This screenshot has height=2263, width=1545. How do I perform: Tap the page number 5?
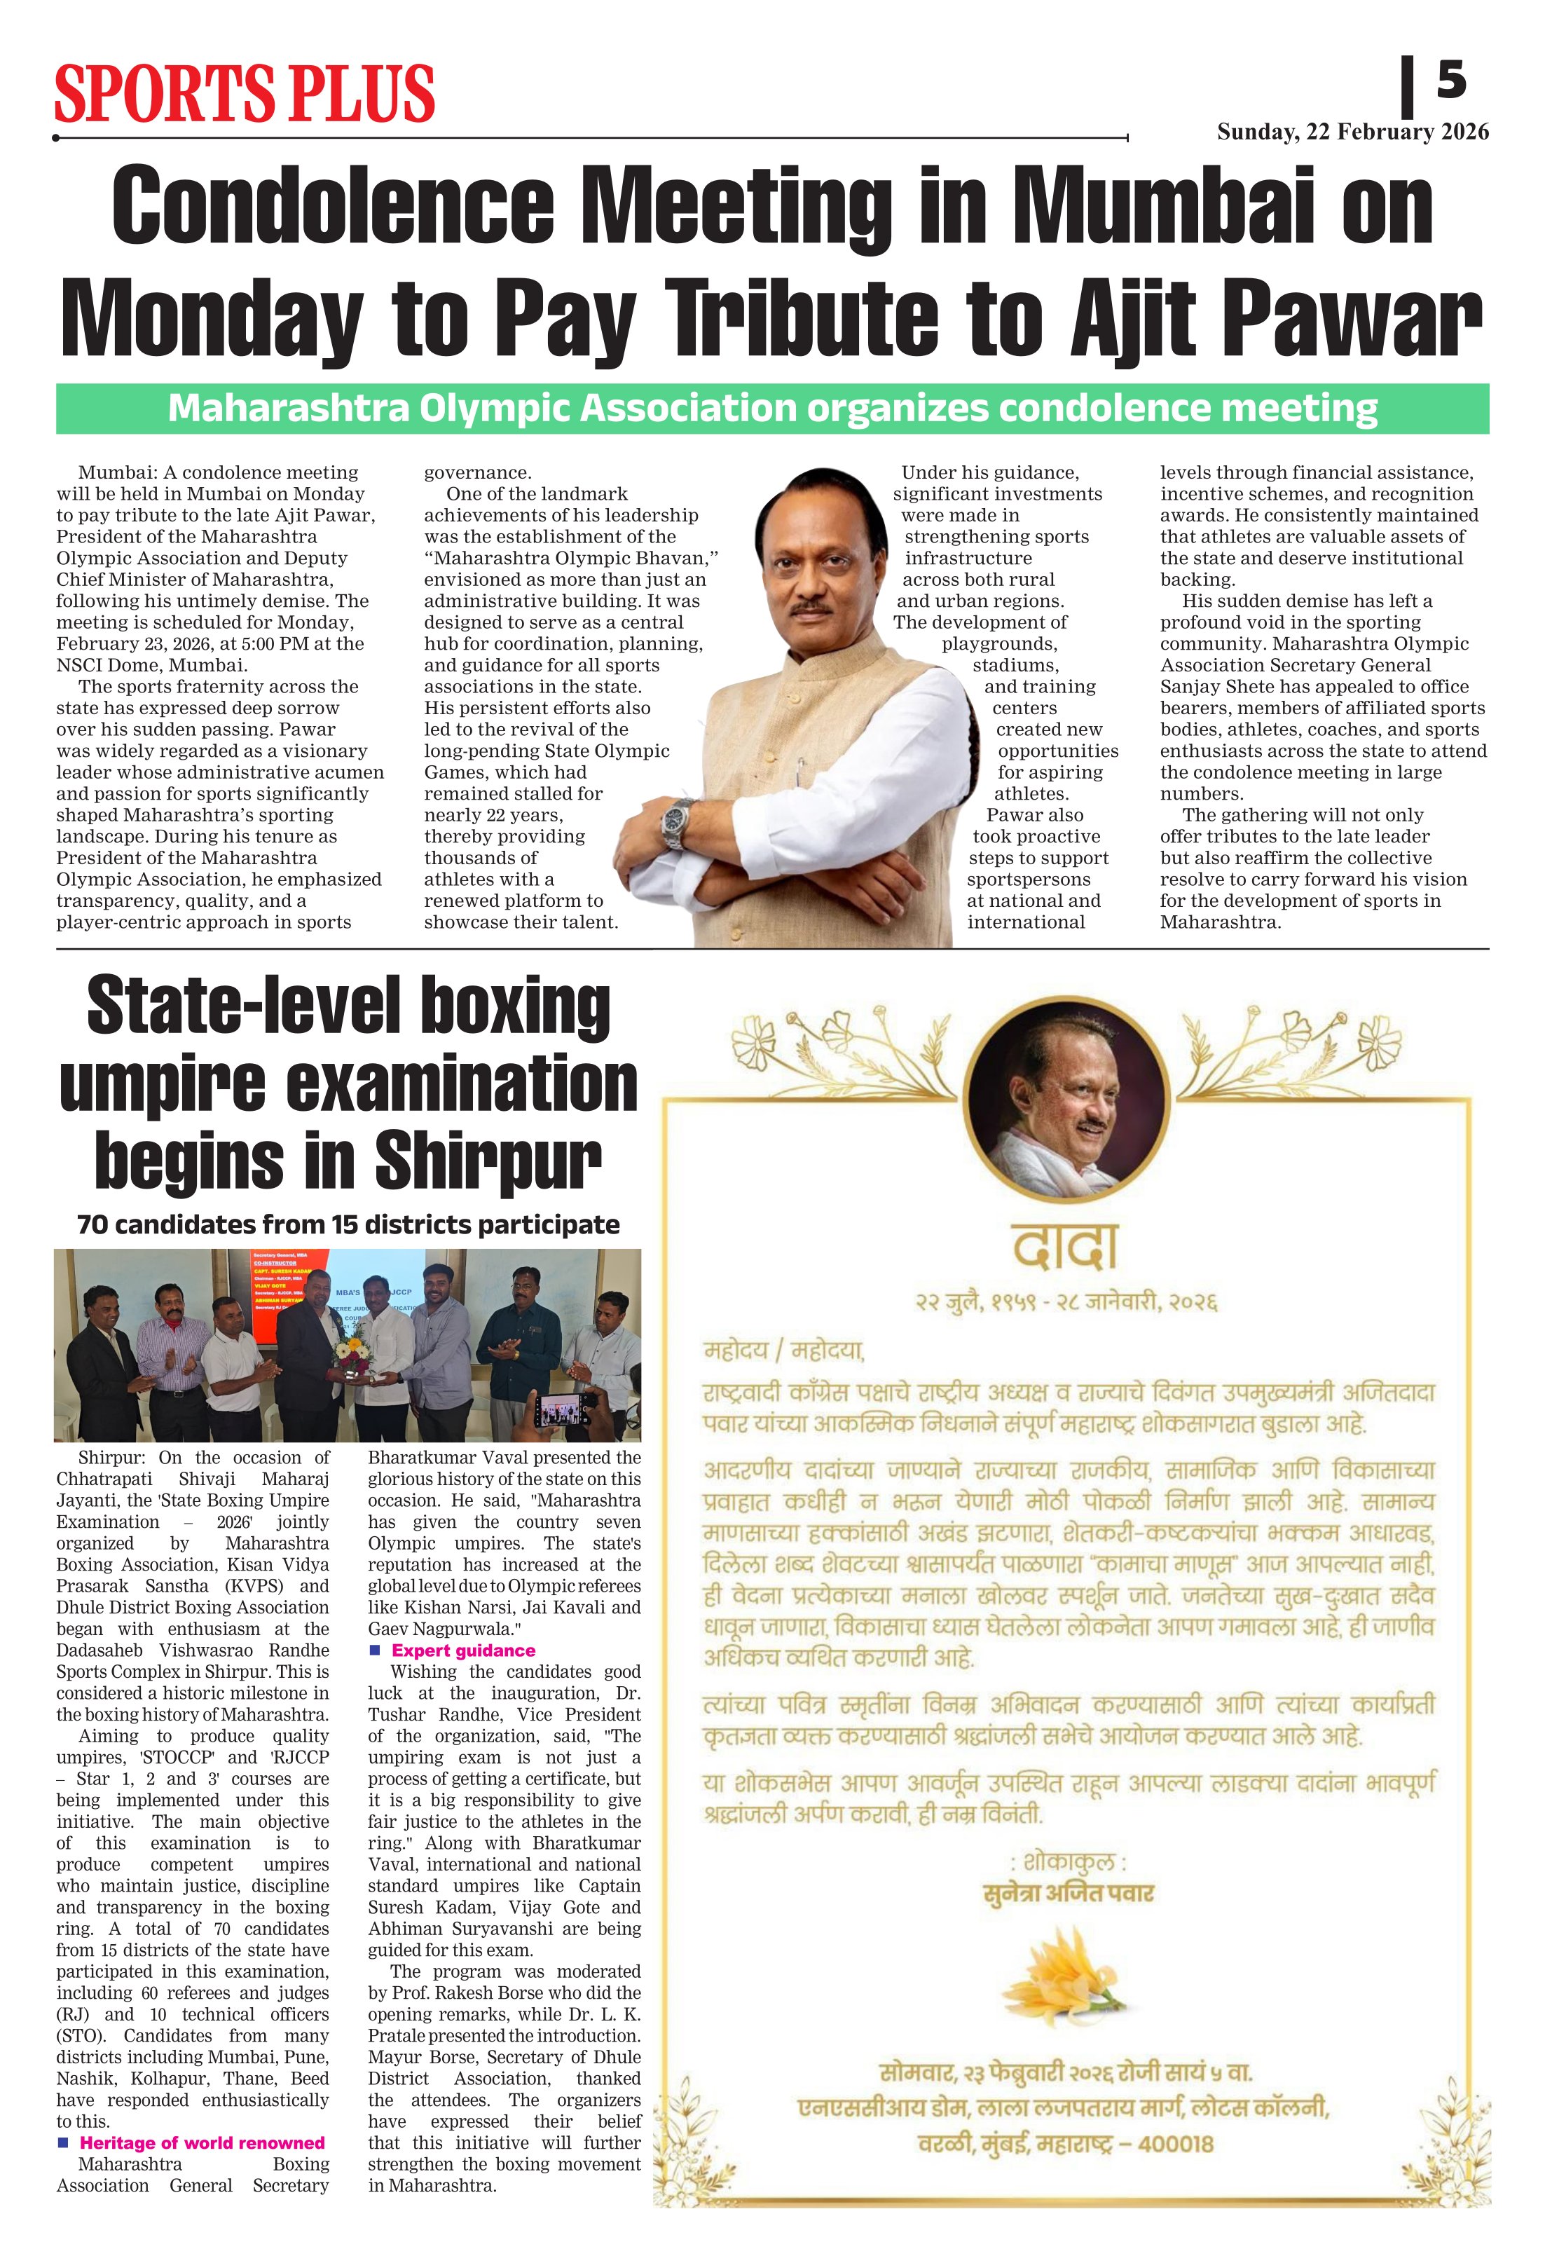click(1450, 79)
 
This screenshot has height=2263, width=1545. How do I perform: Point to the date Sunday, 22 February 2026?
click(1352, 132)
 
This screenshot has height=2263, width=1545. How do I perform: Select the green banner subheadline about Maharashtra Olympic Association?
click(772, 409)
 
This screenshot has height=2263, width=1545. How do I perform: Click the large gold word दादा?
click(1064, 1246)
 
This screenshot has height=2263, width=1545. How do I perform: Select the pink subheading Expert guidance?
click(463, 1650)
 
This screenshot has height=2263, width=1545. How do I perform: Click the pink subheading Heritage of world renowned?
click(202, 2142)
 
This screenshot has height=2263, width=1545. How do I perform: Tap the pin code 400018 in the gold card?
click(1174, 2144)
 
